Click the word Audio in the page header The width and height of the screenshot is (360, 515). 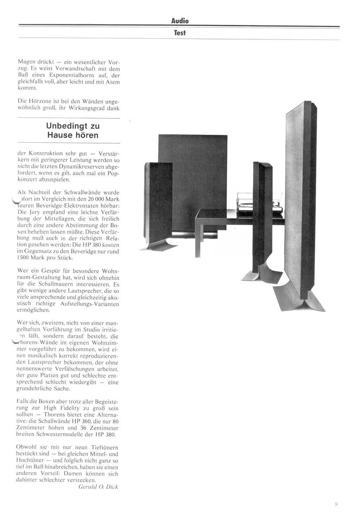(180, 21)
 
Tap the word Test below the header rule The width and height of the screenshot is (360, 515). (180, 33)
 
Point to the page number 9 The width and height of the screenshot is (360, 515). (336, 504)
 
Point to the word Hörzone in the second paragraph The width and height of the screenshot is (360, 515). (38, 101)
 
